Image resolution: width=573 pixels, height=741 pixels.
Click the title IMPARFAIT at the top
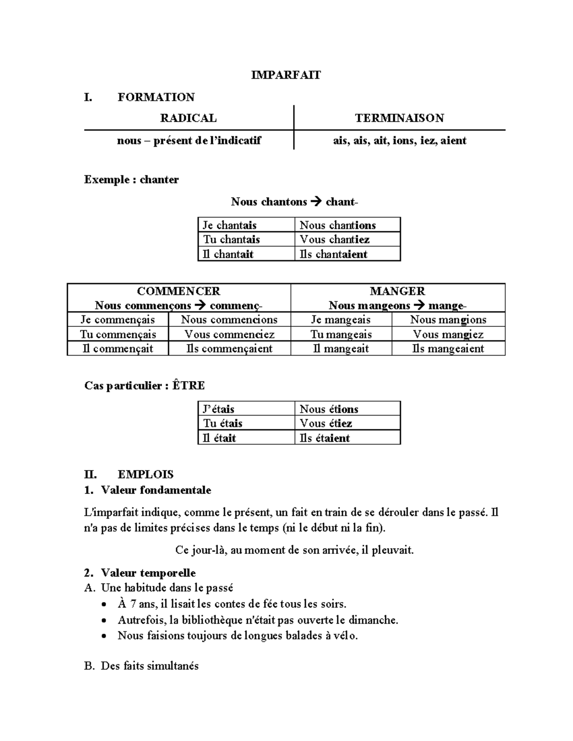pyautogui.click(x=286, y=75)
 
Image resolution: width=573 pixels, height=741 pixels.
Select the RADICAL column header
pyautogui.click(x=188, y=118)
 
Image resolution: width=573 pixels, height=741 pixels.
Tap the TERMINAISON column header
pyautogui.click(x=399, y=118)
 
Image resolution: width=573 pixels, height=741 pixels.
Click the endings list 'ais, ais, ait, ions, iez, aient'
pyautogui.click(x=399, y=141)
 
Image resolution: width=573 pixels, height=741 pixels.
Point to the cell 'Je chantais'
pyautogui.click(x=230, y=225)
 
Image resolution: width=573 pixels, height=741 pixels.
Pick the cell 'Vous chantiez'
pyautogui.click(x=335, y=240)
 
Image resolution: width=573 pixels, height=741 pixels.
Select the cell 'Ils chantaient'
pyautogui.click(x=334, y=254)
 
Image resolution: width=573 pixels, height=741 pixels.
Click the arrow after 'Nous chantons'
pyautogui.click(x=316, y=202)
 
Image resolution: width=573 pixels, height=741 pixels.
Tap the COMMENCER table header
pyautogui.click(x=179, y=291)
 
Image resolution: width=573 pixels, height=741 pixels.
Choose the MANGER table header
pyautogui.click(x=397, y=291)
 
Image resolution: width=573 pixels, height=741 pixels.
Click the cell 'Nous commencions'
pyautogui.click(x=229, y=320)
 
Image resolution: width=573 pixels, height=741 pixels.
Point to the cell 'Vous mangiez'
pyautogui.click(x=448, y=334)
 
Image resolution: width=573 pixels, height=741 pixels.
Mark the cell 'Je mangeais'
pyautogui.click(x=341, y=320)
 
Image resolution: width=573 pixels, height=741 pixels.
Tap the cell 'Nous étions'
pyautogui.click(x=329, y=409)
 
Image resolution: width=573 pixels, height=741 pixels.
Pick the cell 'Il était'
pyautogui.click(x=220, y=438)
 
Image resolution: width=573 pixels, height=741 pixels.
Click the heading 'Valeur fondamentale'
pyautogui.click(x=156, y=490)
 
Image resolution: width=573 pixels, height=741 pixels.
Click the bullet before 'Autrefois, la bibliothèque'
pyautogui.click(x=105, y=621)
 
